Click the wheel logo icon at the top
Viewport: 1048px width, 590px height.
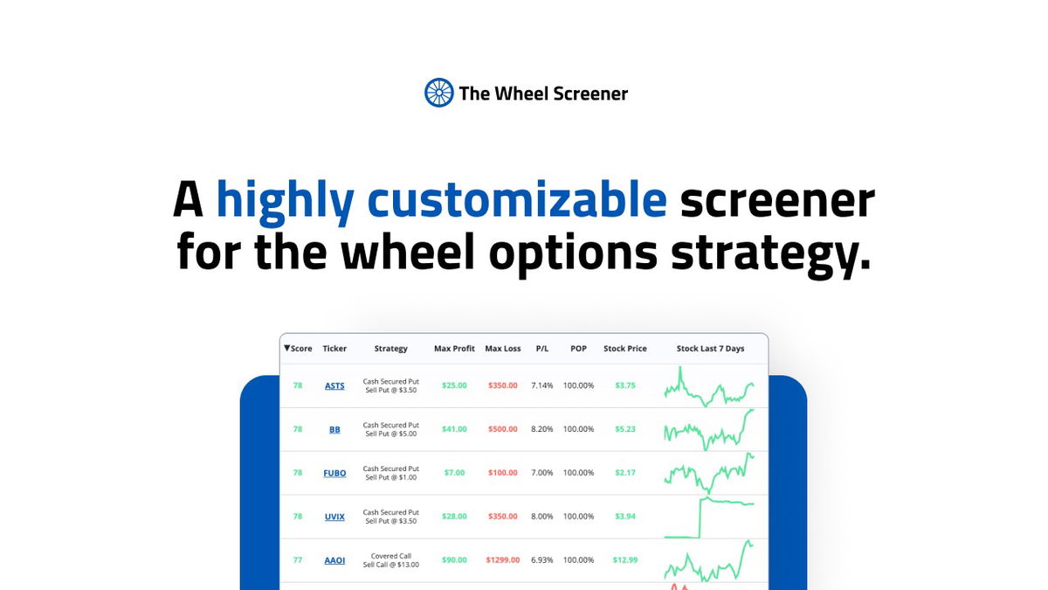click(x=438, y=93)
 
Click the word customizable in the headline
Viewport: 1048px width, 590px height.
click(x=516, y=200)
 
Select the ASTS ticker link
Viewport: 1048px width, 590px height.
click(x=334, y=385)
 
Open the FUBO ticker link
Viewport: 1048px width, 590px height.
click(x=334, y=473)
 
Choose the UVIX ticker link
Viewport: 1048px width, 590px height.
click(x=334, y=517)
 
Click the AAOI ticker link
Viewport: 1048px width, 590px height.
click(x=334, y=560)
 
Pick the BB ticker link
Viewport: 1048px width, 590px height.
click(x=334, y=429)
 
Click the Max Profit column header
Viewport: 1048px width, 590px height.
click(x=454, y=349)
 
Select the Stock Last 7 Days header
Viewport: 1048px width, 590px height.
click(x=710, y=349)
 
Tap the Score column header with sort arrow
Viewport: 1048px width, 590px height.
click(x=298, y=349)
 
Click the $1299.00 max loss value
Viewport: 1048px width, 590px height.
click(x=502, y=560)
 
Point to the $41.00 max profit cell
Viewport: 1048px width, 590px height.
click(x=454, y=429)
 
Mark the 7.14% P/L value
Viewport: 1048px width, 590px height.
click(x=542, y=385)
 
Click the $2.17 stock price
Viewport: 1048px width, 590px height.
click(x=624, y=473)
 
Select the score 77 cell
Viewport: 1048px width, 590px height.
click(x=298, y=560)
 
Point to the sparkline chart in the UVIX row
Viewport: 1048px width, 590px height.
click(x=709, y=517)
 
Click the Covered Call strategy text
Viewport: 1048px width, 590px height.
click(x=390, y=556)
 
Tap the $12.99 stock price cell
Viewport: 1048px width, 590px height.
click(x=624, y=560)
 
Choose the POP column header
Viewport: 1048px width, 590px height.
click(x=578, y=349)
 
